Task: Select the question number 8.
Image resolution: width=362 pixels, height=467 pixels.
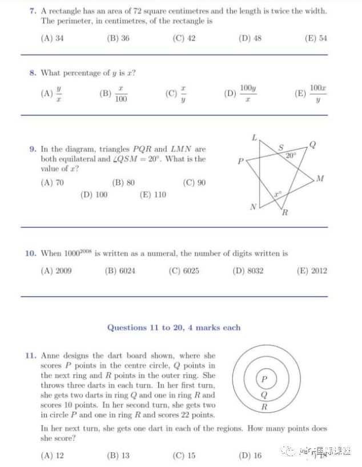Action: [x=33, y=73]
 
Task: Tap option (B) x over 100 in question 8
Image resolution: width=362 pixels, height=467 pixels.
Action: [x=114, y=94]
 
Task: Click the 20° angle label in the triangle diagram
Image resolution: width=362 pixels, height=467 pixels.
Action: [x=291, y=155]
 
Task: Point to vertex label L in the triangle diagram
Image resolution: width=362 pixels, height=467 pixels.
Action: [x=255, y=138]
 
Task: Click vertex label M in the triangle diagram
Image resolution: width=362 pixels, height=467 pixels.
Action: [x=320, y=179]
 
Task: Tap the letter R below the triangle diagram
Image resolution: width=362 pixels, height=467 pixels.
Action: [x=284, y=213]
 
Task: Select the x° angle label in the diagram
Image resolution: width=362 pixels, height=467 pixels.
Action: [x=277, y=195]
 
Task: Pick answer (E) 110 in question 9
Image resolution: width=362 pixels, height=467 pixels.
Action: [x=152, y=195]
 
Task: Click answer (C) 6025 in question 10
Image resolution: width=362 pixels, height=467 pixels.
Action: [x=184, y=271]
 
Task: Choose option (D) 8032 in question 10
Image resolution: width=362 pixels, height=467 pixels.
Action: [x=248, y=271]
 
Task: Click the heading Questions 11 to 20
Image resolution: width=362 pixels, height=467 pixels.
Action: [x=174, y=328]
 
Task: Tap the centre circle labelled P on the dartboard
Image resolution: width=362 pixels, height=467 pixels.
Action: [x=264, y=379]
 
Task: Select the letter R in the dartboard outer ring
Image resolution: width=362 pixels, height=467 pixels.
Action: [x=264, y=407]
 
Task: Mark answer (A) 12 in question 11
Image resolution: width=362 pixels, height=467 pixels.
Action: [x=52, y=455]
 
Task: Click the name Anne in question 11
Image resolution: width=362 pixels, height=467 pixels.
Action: [x=50, y=356]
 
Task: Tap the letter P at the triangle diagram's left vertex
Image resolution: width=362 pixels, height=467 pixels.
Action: [x=241, y=162]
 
